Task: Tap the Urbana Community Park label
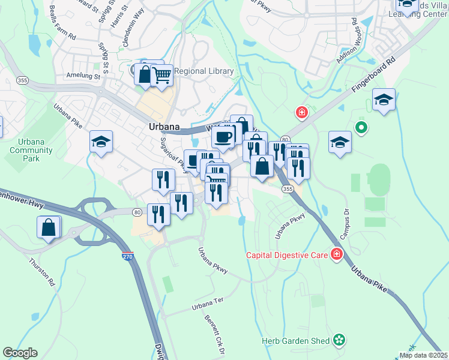(x=26, y=150)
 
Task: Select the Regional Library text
(x=203, y=71)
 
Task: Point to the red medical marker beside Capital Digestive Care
(x=337, y=254)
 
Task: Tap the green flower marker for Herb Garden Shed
(x=339, y=341)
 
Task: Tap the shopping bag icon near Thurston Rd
(x=49, y=227)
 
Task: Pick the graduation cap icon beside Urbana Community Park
(x=101, y=142)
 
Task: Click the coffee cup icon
(x=223, y=137)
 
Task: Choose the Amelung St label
(x=83, y=76)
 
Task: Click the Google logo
(x=20, y=353)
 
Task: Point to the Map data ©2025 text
(x=423, y=355)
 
